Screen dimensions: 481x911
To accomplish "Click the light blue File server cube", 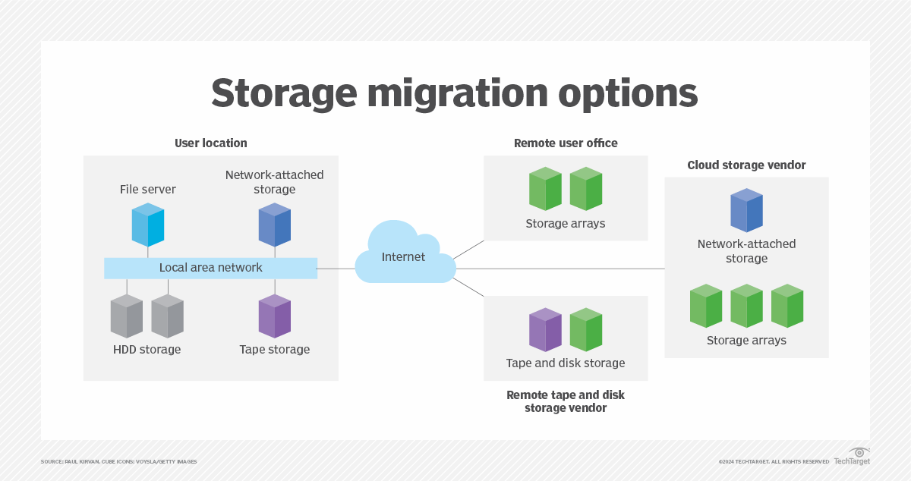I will coord(147,225).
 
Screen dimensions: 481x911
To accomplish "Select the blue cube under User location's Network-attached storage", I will coord(275,225).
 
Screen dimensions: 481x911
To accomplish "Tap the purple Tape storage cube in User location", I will coord(275,316).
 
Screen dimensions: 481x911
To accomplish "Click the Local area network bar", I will coord(210,268).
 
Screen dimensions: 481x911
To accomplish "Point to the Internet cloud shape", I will coord(404,255).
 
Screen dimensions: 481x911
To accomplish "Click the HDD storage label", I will coord(147,350).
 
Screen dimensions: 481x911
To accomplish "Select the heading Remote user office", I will coord(566,143).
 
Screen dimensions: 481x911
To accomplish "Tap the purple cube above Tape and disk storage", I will coord(545,329).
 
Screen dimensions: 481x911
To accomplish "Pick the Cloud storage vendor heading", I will coord(746,165).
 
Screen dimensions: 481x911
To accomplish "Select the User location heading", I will coord(210,143).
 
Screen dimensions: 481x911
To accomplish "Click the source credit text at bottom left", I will coord(118,461).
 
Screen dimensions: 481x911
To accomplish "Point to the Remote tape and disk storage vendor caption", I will coord(566,401).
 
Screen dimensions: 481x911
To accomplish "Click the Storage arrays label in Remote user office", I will coord(566,224).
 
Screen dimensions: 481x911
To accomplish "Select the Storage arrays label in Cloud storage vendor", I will coord(746,340).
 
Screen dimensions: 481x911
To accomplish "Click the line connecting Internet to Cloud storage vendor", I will coord(562,269).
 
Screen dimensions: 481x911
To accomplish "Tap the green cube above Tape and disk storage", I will coord(586,329).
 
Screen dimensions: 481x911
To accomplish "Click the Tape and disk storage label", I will coord(566,363).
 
